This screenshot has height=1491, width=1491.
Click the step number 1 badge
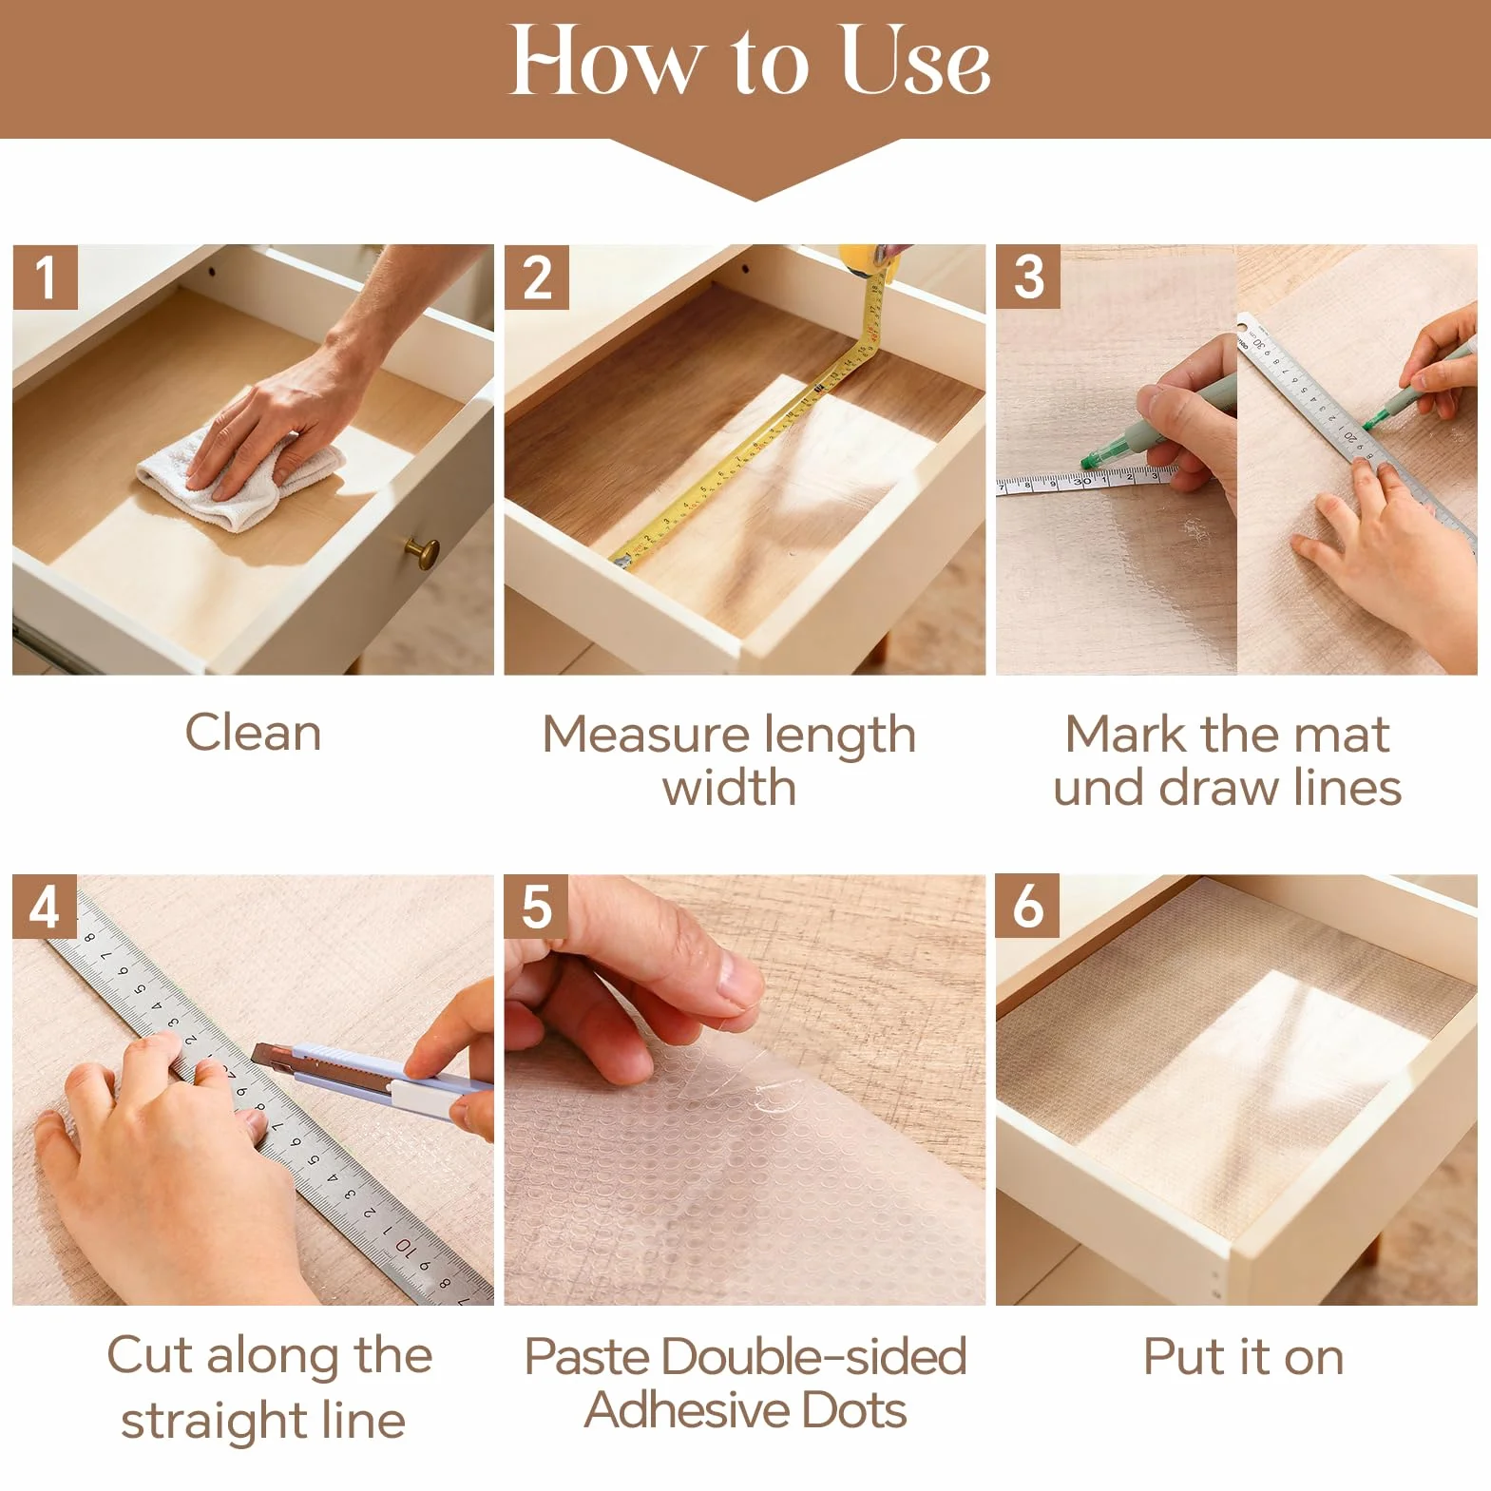coord(45,277)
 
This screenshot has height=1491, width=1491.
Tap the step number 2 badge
coord(537,277)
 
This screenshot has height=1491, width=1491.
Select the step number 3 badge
coord(1028,277)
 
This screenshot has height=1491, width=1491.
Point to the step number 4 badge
coord(45,907)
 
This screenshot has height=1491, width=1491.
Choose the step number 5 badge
coord(537,907)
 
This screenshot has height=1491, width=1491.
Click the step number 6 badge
coord(1028,907)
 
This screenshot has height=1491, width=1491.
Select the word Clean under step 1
coord(253,733)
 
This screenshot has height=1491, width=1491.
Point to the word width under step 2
coord(729,788)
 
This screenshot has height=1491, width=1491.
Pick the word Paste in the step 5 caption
coord(586,1356)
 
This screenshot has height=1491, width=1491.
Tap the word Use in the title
coord(915,61)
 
